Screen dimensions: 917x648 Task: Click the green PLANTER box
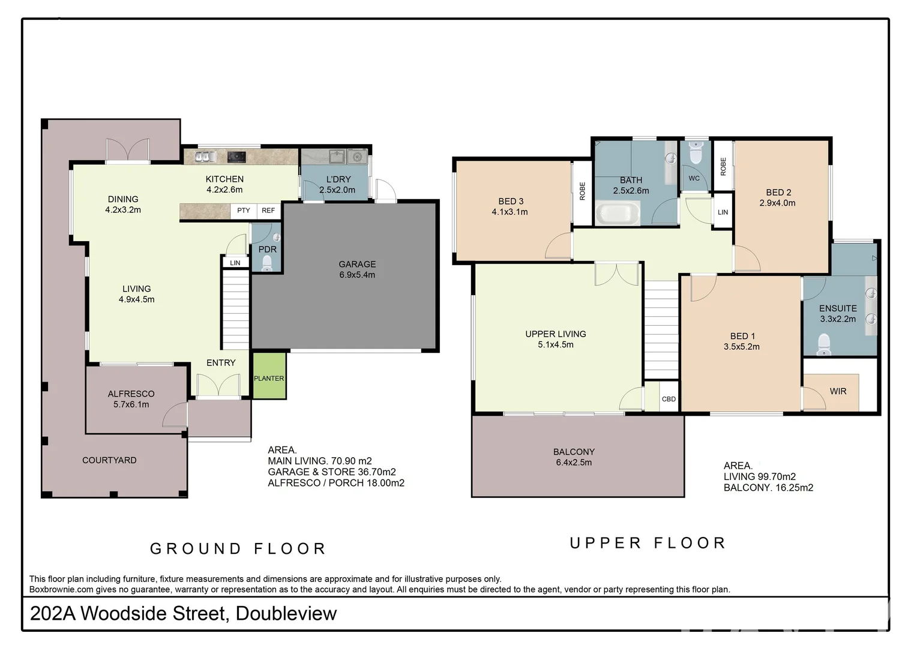(269, 376)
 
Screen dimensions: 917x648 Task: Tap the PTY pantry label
(244, 211)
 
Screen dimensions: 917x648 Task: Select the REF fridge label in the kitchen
(268, 211)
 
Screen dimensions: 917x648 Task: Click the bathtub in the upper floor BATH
(618, 213)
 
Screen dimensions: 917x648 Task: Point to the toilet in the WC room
(696, 152)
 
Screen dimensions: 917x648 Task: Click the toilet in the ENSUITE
(823, 344)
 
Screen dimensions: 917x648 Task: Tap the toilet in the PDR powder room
(266, 263)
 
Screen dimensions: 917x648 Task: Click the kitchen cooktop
(236, 157)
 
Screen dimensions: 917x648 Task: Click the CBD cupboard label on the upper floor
(669, 399)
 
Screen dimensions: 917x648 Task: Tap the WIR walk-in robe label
(838, 391)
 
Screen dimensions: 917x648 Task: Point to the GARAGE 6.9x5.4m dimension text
(357, 275)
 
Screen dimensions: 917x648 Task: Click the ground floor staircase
(235, 309)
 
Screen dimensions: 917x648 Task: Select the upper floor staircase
(661, 329)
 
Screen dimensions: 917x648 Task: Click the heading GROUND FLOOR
(238, 548)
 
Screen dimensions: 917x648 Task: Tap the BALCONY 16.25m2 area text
(768, 488)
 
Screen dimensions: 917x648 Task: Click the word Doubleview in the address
(286, 613)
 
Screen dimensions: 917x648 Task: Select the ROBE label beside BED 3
(582, 191)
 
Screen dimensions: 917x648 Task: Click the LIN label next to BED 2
(723, 212)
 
